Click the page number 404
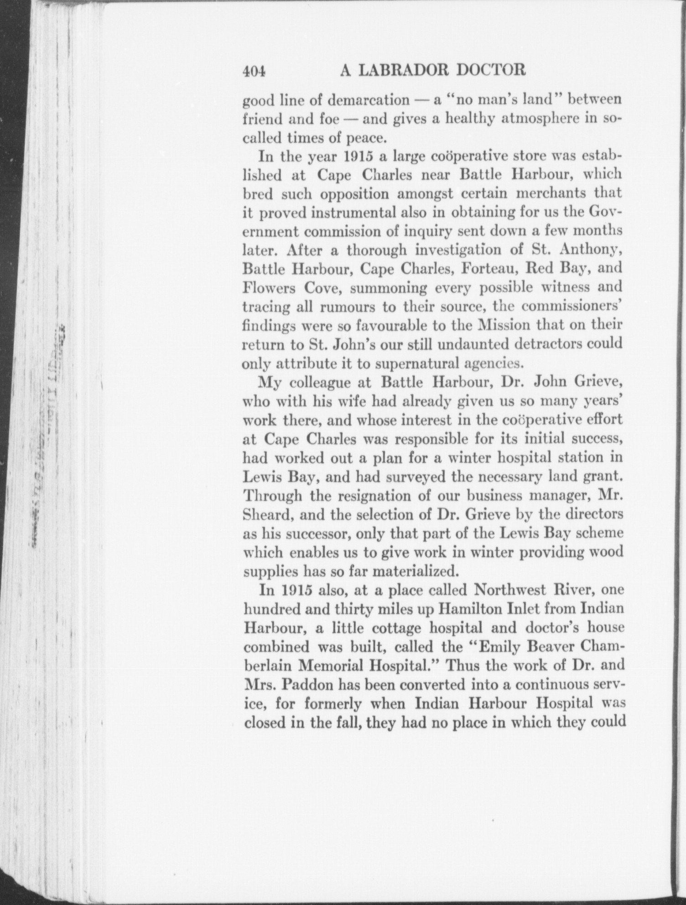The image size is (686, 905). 254,71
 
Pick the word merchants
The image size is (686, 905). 549,193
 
